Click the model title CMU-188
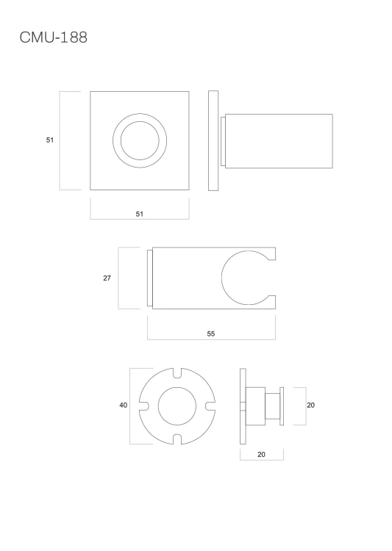53,37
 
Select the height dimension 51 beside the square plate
50,140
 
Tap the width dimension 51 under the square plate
140,214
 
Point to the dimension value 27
107,278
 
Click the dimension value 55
211,334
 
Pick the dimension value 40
123,405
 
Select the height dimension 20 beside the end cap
310,405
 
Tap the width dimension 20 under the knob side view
261,454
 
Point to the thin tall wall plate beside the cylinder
213,140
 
